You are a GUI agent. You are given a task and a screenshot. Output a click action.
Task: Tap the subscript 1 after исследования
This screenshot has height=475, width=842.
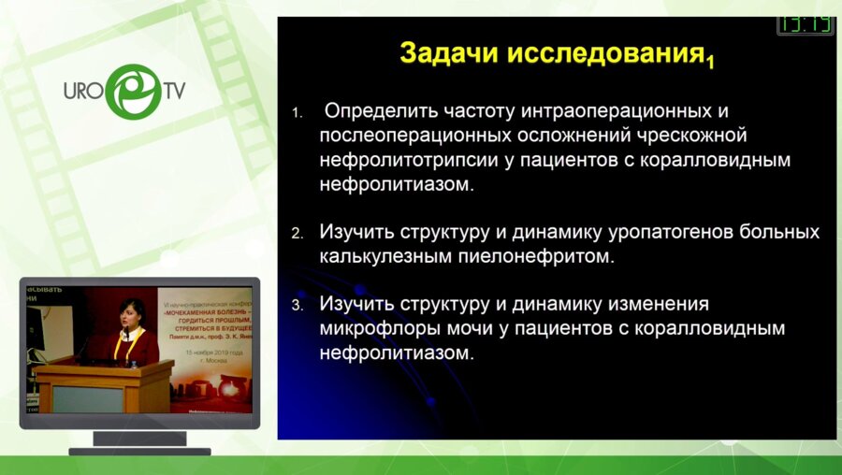(711, 63)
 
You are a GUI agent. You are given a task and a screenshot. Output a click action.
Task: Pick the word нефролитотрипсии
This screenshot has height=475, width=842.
(409, 160)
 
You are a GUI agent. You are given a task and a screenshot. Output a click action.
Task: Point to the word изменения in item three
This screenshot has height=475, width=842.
(657, 305)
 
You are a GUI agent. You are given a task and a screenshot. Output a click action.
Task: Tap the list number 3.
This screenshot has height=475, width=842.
(298, 306)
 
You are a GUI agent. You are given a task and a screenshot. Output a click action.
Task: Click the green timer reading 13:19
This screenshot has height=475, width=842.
(805, 23)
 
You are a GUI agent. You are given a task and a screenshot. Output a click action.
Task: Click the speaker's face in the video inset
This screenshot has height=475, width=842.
(132, 314)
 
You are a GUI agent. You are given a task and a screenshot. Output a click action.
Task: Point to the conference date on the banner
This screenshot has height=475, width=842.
(212, 353)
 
